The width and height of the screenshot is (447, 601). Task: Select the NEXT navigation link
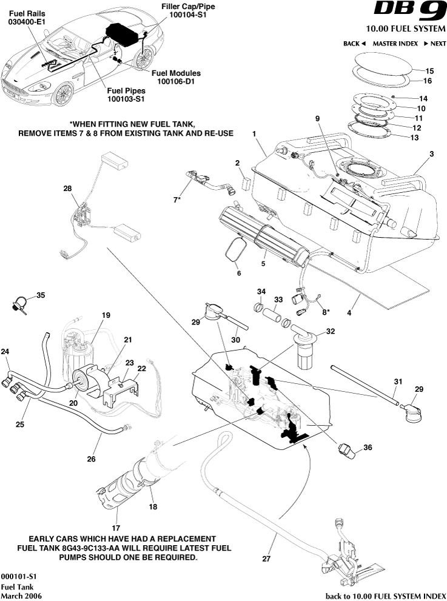(434, 44)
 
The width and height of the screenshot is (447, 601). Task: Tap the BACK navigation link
(354, 44)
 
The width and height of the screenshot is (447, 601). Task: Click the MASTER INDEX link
(395, 44)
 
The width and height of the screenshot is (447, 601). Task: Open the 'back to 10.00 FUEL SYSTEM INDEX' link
(382, 596)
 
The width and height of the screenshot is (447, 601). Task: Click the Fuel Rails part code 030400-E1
(27, 21)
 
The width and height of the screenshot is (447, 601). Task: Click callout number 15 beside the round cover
(429, 70)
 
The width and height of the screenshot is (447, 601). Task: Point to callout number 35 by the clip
(41, 295)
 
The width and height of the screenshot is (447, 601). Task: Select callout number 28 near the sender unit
(67, 189)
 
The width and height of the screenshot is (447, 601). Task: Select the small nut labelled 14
(394, 97)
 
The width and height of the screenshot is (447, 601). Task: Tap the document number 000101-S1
(19, 576)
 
